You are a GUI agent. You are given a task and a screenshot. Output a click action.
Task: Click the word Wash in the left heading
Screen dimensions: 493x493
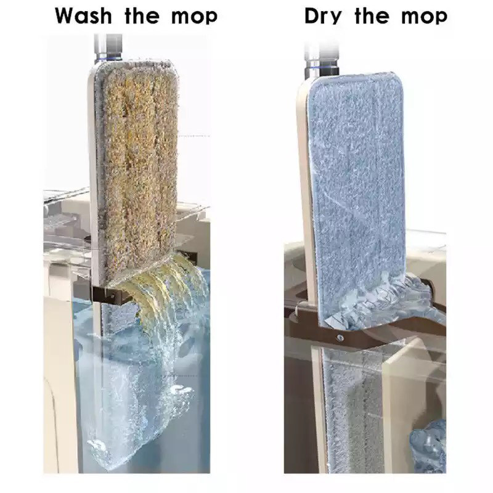[x=83, y=16]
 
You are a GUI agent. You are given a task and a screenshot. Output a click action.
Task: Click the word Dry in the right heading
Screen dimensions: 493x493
[x=323, y=17]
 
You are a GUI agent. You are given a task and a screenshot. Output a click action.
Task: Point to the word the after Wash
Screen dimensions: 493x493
[x=142, y=16]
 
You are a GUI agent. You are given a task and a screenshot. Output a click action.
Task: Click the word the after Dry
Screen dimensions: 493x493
[x=372, y=16]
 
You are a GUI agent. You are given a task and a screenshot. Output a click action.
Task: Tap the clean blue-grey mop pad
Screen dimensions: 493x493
[x=356, y=198]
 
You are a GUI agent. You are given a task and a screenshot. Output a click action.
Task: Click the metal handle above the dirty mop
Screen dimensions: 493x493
[x=108, y=48]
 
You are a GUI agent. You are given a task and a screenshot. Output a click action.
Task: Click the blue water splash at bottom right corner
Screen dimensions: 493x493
[x=428, y=446]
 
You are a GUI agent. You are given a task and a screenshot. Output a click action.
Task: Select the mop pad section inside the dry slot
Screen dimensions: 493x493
[x=354, y=409]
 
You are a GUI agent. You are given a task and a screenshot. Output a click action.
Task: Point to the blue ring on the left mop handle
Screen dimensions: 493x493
[x=108, y=58]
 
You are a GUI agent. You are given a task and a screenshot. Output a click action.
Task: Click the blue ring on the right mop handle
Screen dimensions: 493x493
[x=321, y=66]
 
